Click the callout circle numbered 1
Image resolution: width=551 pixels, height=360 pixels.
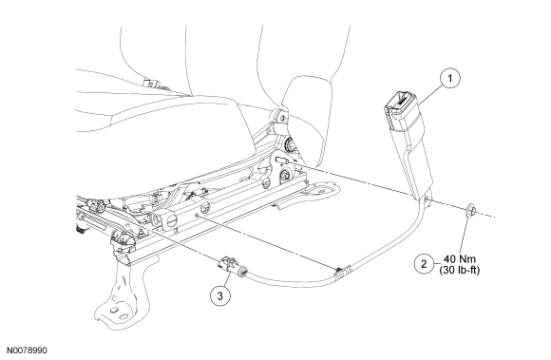pos(450,78)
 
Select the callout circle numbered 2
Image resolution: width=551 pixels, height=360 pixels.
pos(424,264)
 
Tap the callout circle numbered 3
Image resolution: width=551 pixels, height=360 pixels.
pos(220,295)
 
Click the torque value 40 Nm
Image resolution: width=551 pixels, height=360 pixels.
pos(460,259)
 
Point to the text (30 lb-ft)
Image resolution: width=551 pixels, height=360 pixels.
pos(460,271)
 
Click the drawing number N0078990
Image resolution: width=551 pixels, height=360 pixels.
pos(27,351)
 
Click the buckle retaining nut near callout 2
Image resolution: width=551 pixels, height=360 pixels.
pos(469,211)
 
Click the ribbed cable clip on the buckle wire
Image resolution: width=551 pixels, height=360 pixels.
pos(342,271)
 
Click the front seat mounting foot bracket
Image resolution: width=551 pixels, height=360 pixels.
pos(120,298)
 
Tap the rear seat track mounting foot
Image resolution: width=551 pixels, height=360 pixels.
pos(320,188)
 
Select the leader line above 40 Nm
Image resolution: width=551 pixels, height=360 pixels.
pos(464,235)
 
